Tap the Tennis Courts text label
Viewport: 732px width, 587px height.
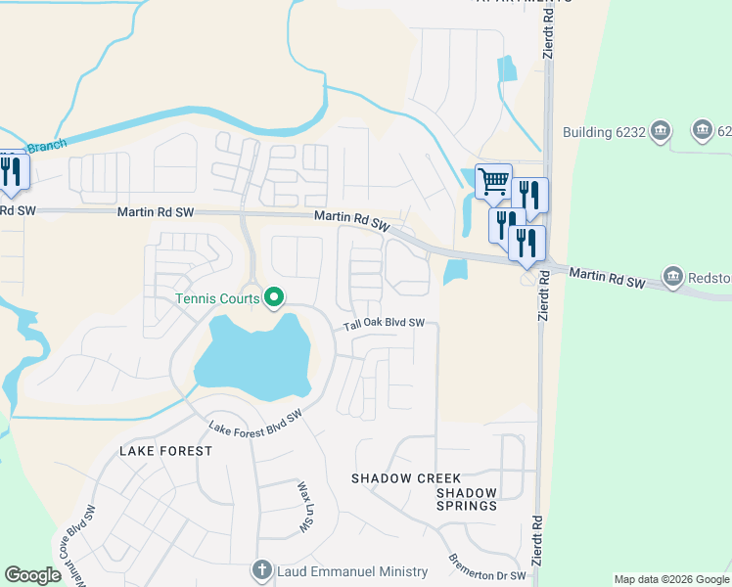click(217, 298)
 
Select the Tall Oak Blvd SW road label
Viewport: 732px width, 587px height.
click(384, 324)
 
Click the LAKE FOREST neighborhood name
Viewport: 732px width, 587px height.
click(165, 451)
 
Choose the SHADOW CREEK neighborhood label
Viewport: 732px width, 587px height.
click(391, 478)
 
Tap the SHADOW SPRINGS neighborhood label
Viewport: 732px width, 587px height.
click(467, 499)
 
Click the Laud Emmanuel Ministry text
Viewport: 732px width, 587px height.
click(352, 571)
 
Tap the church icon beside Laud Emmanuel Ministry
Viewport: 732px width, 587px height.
click(261, 570)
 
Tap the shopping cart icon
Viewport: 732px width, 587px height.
click(493, 181)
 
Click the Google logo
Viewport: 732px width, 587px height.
click(33, 575)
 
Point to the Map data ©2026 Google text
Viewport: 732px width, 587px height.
click(670, 579)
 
